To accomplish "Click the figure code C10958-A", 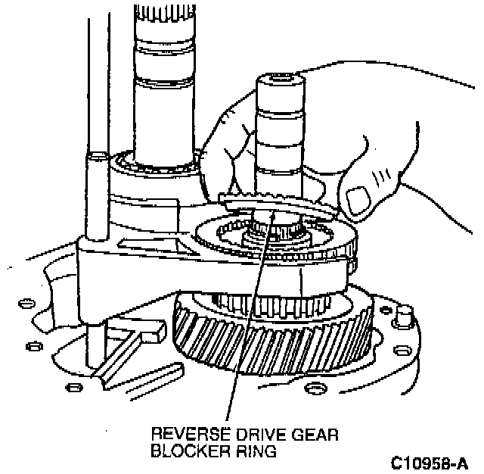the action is [x=429, y=461].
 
